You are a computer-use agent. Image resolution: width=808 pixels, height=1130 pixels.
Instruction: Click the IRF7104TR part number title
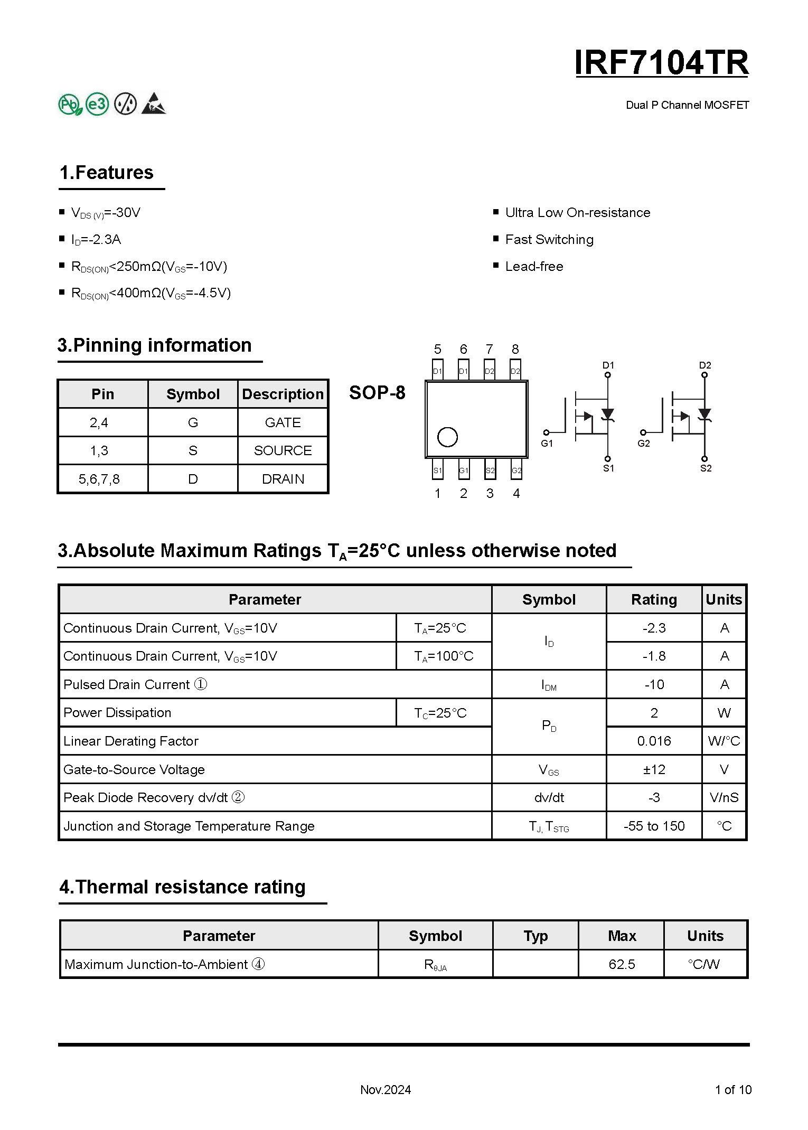coord(661,63)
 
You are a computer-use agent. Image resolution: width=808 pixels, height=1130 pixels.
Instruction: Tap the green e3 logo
coord(97,104)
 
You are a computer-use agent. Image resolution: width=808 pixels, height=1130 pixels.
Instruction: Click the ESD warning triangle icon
coord(154,104)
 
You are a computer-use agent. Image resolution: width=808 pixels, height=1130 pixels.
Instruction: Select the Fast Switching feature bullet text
coord(549,240)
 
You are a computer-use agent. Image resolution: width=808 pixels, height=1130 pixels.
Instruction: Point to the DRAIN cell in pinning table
coord(283,479)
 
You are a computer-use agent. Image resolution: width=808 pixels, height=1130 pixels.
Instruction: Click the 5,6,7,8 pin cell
coord(99,479)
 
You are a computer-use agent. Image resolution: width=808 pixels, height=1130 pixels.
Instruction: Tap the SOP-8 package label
coord(377,393)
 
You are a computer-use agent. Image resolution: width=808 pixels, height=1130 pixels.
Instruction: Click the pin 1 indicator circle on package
coord(447,437)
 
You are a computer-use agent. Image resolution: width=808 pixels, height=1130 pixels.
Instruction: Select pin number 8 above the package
coord(515,349)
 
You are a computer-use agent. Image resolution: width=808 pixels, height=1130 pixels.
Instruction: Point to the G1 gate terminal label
coord(547,444)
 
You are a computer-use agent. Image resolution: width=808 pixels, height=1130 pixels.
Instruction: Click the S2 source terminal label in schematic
coord(706,468)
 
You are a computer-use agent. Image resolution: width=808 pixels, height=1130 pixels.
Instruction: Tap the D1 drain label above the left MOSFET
coord(608,365)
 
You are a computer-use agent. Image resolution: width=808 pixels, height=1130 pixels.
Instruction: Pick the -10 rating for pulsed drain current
coord(654,684)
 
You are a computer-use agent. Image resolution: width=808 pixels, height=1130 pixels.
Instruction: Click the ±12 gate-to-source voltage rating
coord(654,769)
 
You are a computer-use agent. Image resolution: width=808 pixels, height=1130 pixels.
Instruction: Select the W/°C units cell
coord(724,741)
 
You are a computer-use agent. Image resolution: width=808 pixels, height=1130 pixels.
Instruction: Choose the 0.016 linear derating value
coord(654,741)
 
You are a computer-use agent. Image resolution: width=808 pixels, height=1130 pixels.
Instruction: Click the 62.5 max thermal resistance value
coord(622,964)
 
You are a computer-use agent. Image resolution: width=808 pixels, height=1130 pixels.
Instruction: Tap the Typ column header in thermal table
coord(535,936)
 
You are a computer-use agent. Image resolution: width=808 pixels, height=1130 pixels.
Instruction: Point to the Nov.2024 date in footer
coord(386,1090)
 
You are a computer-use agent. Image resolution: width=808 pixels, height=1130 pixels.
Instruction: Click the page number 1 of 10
coord(733,1090)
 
